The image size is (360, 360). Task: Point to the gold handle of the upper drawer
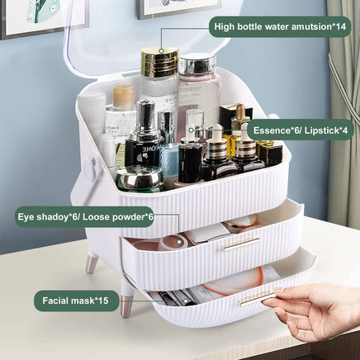point(240,244)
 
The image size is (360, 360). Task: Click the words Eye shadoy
point(45,217)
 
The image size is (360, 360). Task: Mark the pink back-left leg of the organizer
point(92,263)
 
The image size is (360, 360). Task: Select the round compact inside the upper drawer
point(173,242)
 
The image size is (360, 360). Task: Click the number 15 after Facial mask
point(101,301)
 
